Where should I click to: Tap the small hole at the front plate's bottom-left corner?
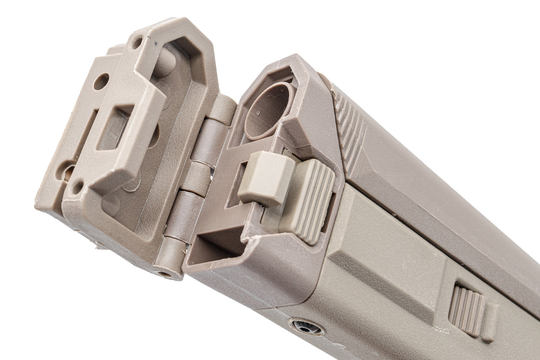click(x=77, y=186)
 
